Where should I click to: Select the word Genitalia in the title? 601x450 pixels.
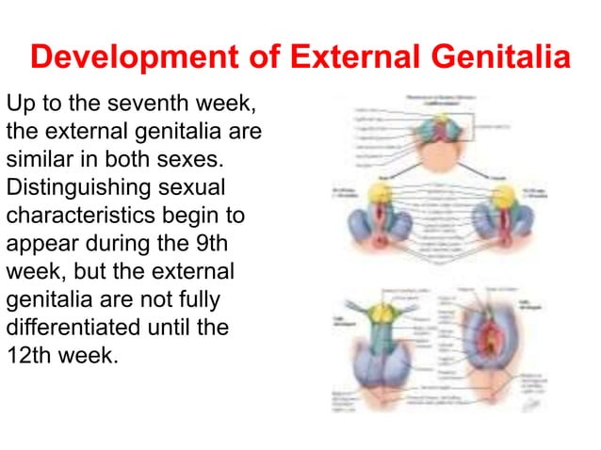[500, 57]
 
